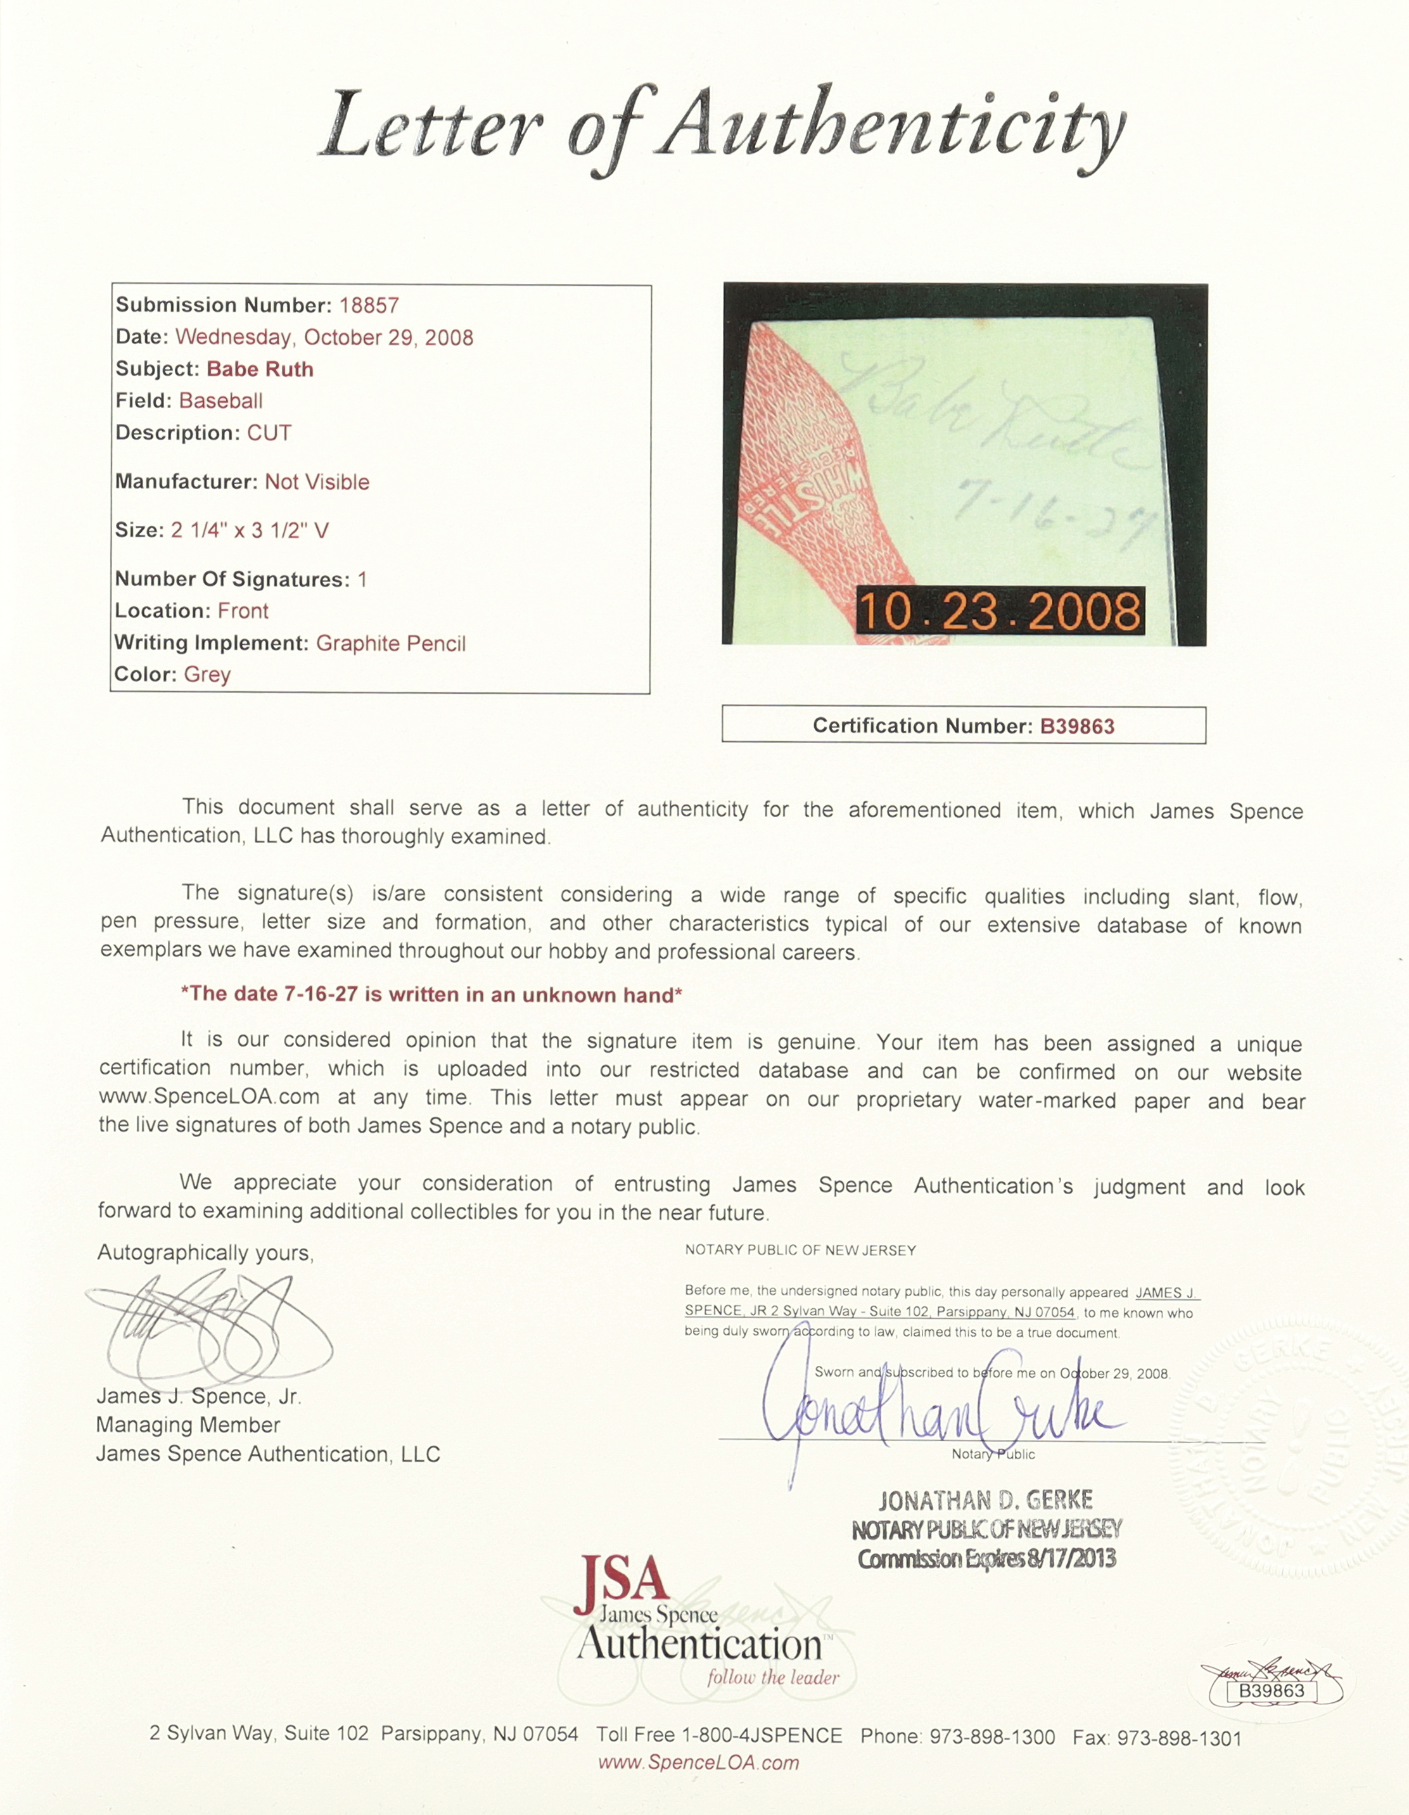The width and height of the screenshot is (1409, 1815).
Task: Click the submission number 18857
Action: [x=369, y=306]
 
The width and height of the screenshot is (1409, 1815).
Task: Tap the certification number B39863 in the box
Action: [x=1076, y=727]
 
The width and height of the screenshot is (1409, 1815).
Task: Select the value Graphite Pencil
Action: [x=391, y=643]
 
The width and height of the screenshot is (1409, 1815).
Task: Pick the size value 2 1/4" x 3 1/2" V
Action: [x=250, y=530]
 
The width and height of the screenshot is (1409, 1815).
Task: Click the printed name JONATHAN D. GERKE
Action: [x=985, y=1500]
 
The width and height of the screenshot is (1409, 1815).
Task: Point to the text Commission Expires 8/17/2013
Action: [x=986, y=1559]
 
